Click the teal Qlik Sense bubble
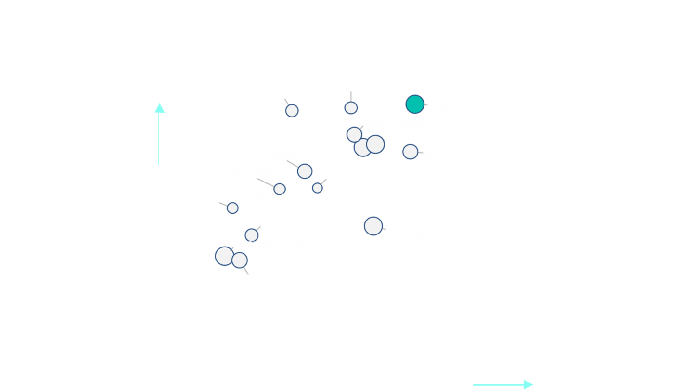click(x=415, y=104)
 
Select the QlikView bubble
click(x=410, y=152)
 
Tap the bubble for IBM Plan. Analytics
click(x=292, y=111)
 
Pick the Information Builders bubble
click(x=351, y=108)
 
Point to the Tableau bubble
click(x=305, y=171)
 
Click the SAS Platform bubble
click(x=280, y=189)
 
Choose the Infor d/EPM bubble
click(x=317, y=188)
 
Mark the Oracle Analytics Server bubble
click(x=232, y=208)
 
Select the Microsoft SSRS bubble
click(x=373, y=225)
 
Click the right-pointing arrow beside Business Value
click(x=503, y=384)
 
